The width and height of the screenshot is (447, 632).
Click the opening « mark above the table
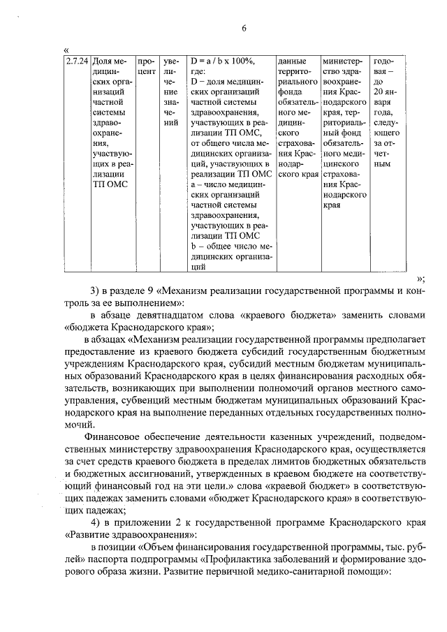(66, 49)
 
